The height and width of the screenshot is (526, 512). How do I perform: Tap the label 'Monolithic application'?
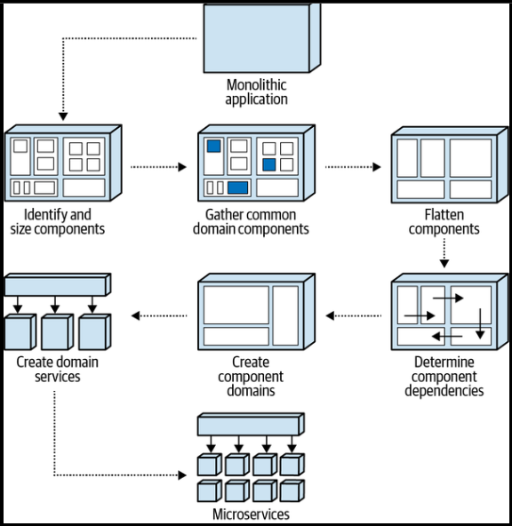click(x=256, y=92)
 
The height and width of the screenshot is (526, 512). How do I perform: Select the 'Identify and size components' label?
click(x=58, y=221)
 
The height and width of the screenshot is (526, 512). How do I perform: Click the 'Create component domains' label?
click(x=252, y=376)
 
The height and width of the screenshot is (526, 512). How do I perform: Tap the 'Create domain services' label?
click(x=57, y=369)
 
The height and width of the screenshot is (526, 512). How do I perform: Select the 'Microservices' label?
click(x=251, y=514)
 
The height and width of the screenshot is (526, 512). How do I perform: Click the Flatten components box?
click(x=444, y=167)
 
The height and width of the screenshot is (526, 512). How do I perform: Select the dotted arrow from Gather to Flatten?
click(x=352, y=166)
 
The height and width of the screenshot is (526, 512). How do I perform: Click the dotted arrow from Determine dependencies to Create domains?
click(x=354, y=315)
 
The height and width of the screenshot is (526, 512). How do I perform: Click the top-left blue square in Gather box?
click(x=214, y=147)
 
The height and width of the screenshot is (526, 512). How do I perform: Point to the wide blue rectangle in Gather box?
click(x=237, y=187)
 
